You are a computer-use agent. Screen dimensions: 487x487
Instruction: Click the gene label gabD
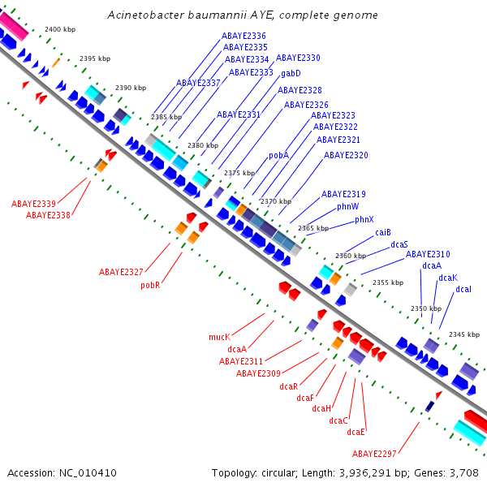pos(291,74)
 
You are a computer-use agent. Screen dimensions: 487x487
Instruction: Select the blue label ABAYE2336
pos(243,36)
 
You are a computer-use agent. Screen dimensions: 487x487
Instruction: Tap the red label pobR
pos(150,285)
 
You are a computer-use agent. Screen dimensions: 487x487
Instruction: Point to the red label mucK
pos(220,337)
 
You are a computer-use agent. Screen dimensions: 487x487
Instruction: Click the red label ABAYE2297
pos(374,454)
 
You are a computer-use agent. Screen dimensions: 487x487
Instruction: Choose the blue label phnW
pos(348,206)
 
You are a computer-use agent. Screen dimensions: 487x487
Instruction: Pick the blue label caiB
pos(383,232)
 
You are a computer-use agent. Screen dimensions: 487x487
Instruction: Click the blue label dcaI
pos(463,290)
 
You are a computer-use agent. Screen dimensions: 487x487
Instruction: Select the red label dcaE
pos(356,432)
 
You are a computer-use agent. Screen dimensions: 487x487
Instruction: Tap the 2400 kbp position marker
pos(60,29)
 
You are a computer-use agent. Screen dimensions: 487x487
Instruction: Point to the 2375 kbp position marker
pos(239,173)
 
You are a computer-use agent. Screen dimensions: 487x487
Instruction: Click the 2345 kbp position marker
pos(464,334)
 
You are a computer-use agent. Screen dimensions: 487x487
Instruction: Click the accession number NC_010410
pos(88,473)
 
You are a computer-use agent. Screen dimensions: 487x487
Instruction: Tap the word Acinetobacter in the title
pos(146,15)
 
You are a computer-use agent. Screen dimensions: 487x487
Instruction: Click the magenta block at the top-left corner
pos(14,25)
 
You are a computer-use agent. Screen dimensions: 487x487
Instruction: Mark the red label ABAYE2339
pos(33,204)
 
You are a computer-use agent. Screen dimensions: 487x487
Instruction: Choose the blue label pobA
pos(278,155)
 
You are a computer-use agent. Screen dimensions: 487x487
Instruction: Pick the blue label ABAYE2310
pos(428,254)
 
